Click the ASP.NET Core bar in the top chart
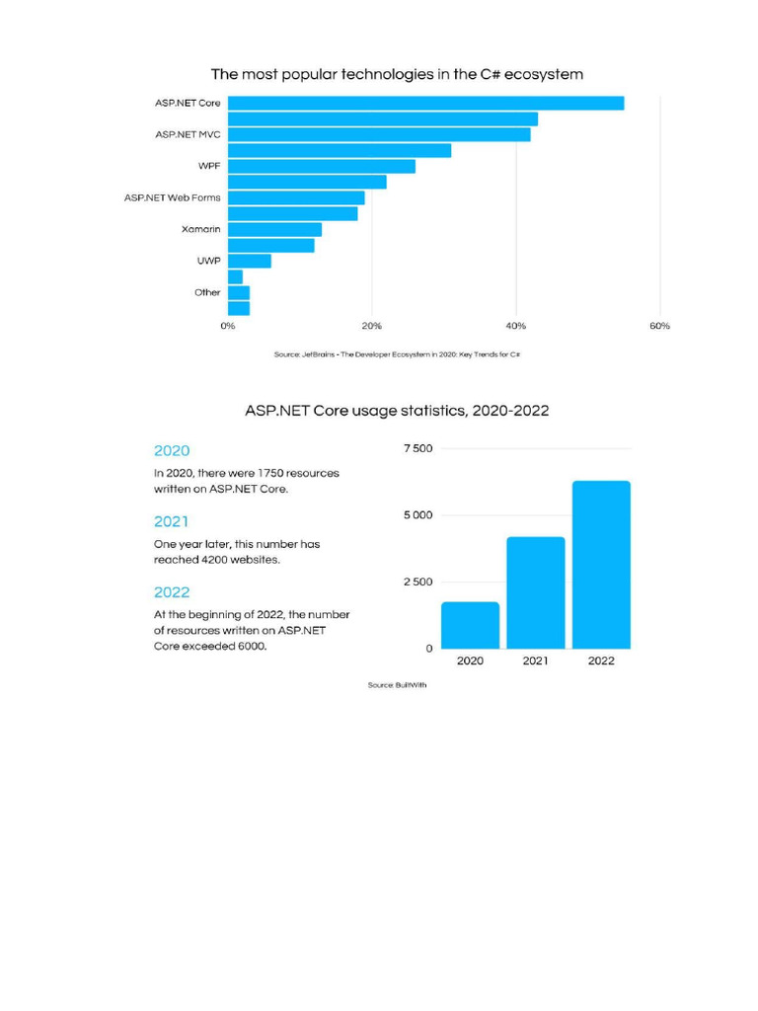tap(425, 103)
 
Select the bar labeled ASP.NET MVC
tap(379, 134)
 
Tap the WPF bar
tap(322, 166)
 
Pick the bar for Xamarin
tap(274, 229)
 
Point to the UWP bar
tap(250, 261)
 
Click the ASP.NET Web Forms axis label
tap(173, 197)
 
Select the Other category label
tap(207, 292)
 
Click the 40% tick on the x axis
tap(515, 326)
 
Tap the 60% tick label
tap(659, 326)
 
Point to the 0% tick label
tap(228, 326)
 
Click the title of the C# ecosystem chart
tap(397, 74)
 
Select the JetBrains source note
tap(397, 354)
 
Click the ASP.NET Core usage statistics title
tap(397, 410)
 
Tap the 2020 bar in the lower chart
tap(470, 625)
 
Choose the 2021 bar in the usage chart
tap(535, 592)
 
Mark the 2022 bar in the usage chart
tap(601, 565)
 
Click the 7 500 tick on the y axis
tap(417, 448)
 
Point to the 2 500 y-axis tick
tap(417, 582)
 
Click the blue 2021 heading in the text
tap(171, 521)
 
